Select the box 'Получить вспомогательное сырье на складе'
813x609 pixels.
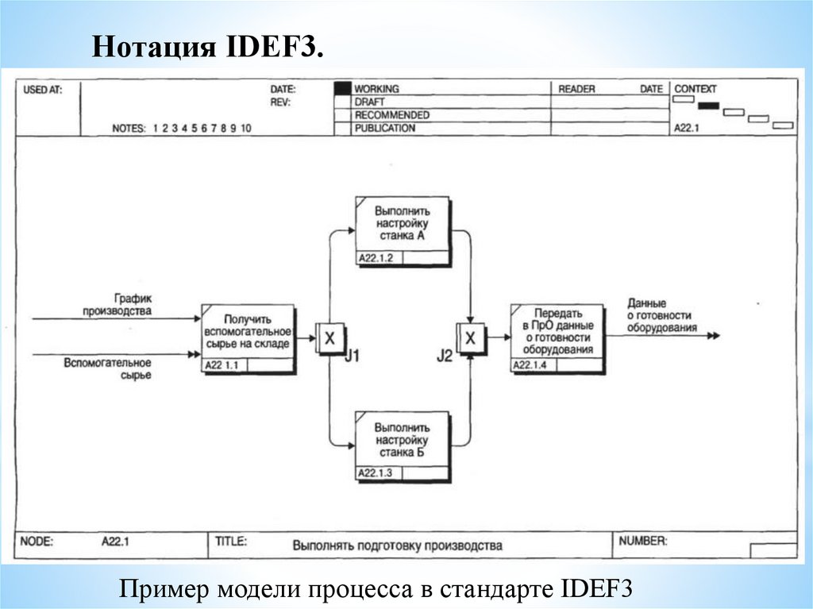click(x=247, y=332)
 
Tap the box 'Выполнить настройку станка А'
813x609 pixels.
click(x=402, y=224)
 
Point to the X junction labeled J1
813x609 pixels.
click(x=329, y=338)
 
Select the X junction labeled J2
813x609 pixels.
click(x=471, y=338)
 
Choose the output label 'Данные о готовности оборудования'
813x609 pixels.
click(x=662, y=315)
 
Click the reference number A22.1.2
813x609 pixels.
click(x=376, y=258)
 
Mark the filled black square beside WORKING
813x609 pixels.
click(x=342, y=89)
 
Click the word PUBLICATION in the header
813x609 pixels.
click(x=384, y=128)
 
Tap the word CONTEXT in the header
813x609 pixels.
click(x=695, y=89)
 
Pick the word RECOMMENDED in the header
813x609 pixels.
click(x=391, y=115)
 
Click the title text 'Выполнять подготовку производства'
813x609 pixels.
click(x=397, y=546)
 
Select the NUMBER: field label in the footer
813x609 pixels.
click(x=642, y=542)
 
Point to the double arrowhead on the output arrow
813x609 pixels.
click(x=714, y=336)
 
